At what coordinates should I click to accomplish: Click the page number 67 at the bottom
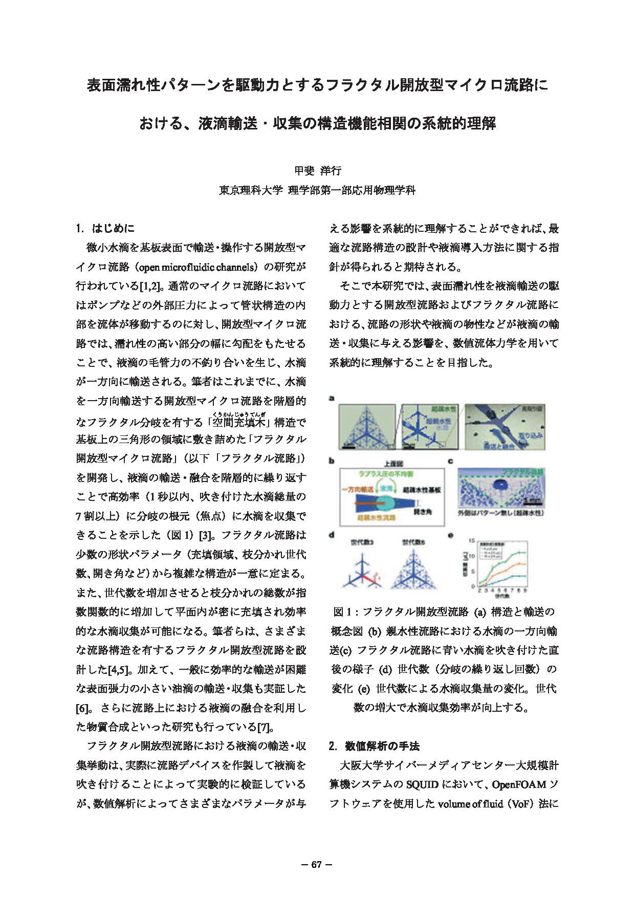(x=317, y=865)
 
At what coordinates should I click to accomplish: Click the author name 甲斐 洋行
(x=317, y=170)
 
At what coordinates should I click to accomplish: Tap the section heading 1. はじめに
(x=105, y=228)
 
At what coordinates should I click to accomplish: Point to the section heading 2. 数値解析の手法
(x=374, y=746)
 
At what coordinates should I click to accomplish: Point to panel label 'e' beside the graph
(x=450, y=535)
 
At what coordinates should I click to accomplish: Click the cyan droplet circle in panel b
(x=387, y=503)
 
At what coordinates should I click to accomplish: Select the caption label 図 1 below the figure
(x=343, y=612)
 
